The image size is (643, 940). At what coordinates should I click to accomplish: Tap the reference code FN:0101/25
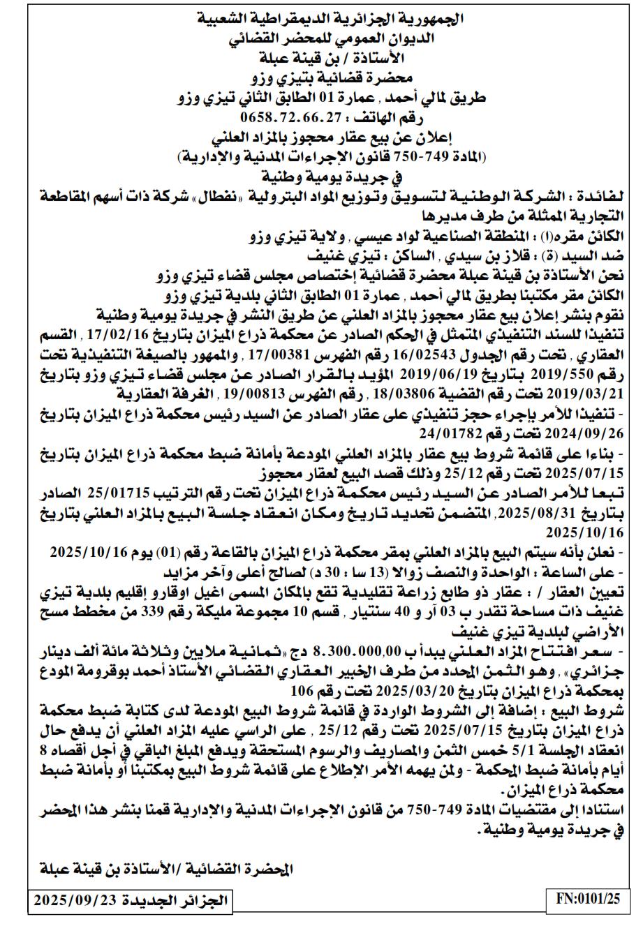pyautogui.click(x=588, y=899)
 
